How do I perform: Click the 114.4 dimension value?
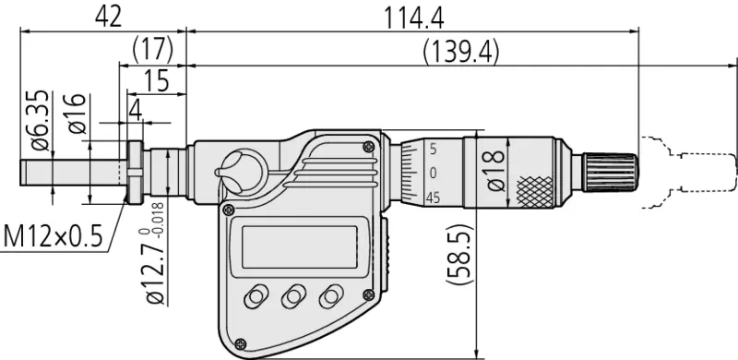coord(413,18)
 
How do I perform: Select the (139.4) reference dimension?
coord(460,52)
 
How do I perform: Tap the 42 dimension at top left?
coord(108,17)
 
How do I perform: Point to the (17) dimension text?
coord(153,50)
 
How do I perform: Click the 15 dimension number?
coord(157,80)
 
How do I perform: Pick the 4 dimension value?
coord(135,111)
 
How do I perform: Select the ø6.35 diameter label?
coord(41,121)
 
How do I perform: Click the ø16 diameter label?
coord(77,114)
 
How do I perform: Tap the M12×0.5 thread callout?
coord(53,236)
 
